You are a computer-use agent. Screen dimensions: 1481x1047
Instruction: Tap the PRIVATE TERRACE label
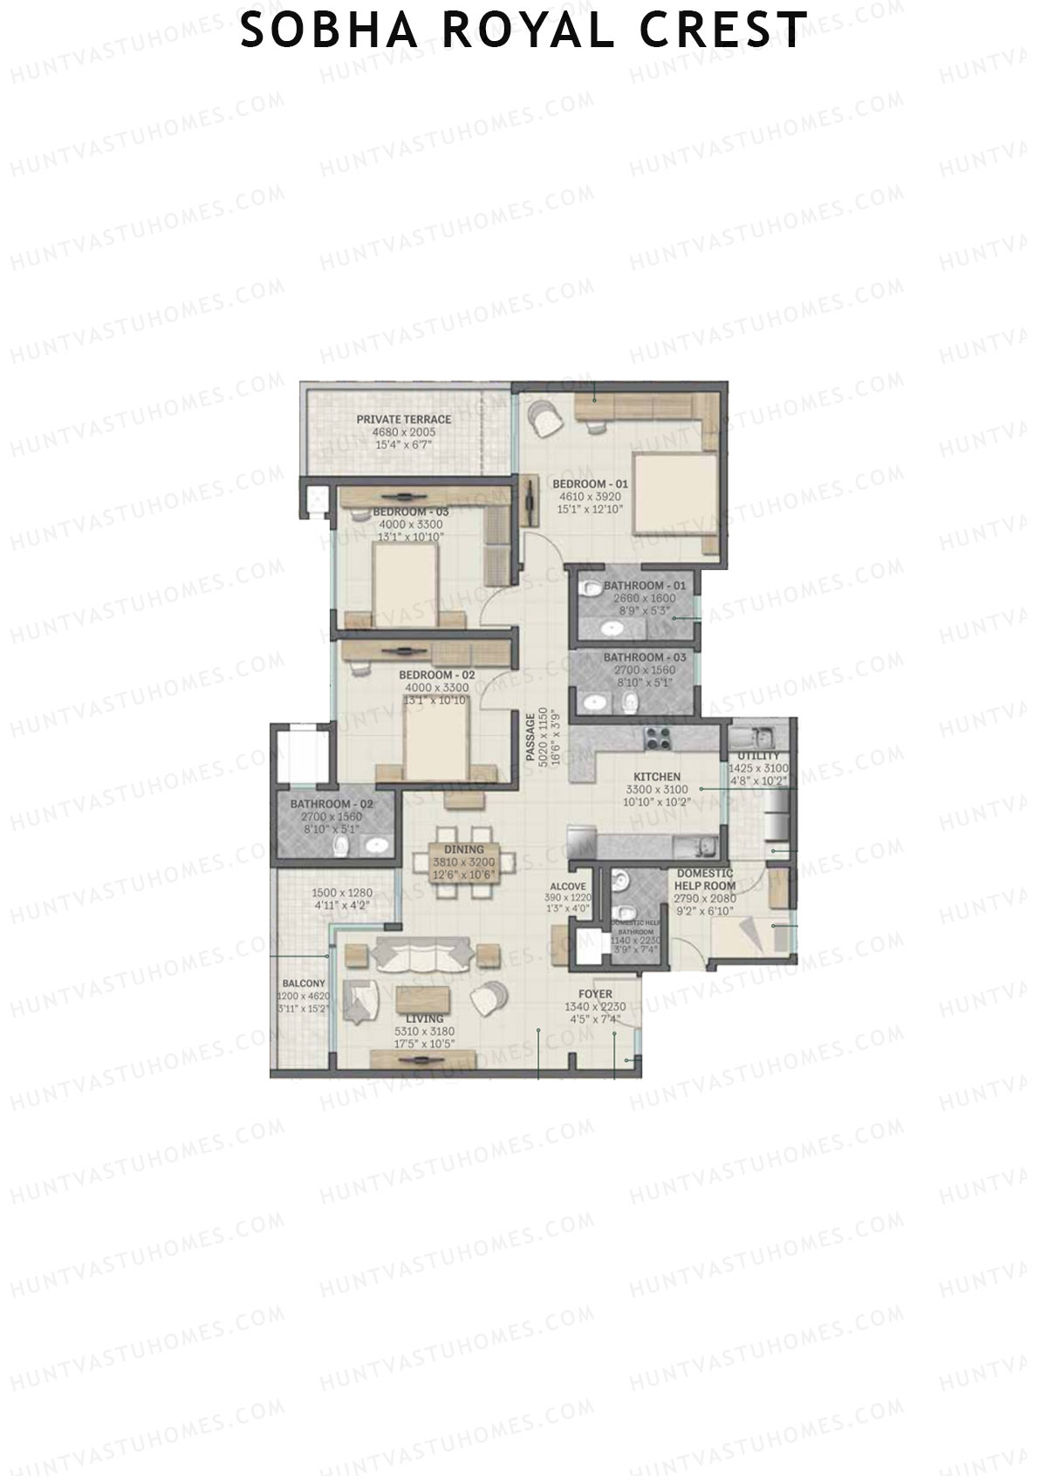403,420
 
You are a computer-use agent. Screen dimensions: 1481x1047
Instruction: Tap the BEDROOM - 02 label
436,675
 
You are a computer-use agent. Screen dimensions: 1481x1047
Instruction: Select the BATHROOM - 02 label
332,804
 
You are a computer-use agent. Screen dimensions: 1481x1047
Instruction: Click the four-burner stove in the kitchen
656,738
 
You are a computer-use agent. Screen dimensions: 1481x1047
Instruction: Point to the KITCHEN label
657,777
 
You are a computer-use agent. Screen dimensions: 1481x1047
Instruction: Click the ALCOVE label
568,887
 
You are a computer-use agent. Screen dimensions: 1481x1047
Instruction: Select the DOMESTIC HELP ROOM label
705,880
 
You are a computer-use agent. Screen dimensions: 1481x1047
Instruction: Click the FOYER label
595,994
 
